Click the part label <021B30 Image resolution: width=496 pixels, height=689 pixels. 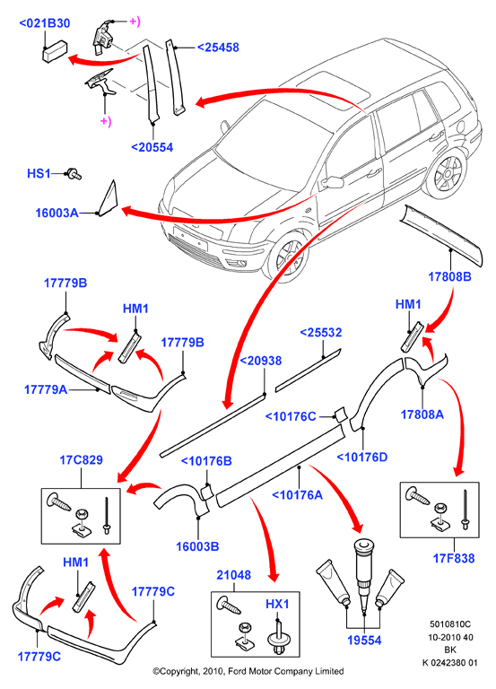click(45, 23)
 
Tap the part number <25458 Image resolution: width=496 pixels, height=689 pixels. click(218, 47)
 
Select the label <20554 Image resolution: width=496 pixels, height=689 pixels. click(152, 147)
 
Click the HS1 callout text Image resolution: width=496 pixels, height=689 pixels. click(39, 173)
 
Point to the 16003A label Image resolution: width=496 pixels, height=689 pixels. click(57, 214)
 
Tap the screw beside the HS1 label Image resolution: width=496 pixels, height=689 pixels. click(74, 174)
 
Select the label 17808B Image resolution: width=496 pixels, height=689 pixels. click(450, 276)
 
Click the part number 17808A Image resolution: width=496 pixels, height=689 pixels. click(422, 414)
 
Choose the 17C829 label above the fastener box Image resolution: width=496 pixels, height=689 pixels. click(82, 460)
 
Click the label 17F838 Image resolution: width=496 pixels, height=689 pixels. click(454, 559)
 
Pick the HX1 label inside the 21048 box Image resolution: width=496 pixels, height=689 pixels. click(278, 604)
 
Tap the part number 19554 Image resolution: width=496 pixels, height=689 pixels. click(365, 641)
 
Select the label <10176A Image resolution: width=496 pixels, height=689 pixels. click(298, 495)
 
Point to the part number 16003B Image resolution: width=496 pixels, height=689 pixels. click(197, 546)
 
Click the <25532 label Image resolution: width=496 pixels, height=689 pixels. click(321, 333)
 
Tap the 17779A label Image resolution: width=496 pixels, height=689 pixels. click(46, 389)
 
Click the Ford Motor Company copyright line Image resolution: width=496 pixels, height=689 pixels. click(248, 671)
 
